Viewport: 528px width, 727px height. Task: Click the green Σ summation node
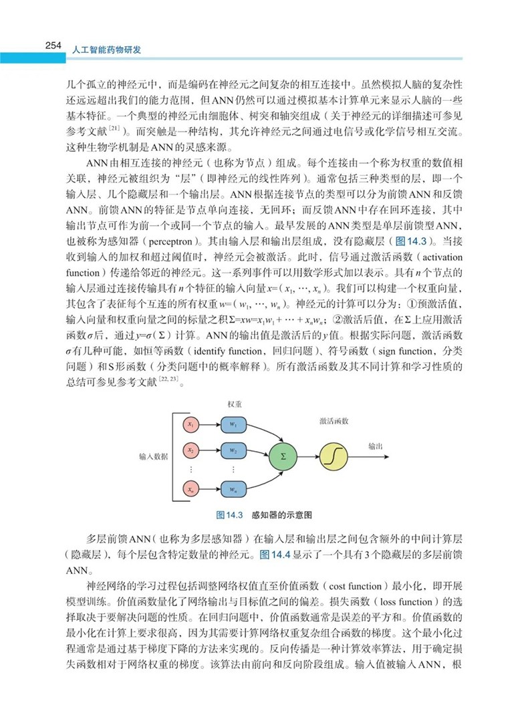point(283,456)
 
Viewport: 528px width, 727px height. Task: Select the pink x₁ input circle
point(190,424)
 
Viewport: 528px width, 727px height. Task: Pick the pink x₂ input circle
point(190,450)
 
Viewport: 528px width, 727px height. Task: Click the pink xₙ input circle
point(190,490)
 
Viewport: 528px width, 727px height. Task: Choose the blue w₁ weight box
point(233,424)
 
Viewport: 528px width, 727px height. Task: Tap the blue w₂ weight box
point(233,450)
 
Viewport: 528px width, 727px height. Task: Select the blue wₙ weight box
point(233,490)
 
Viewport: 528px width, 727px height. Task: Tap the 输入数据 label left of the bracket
point(153,456)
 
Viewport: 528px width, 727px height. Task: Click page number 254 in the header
point(53,46)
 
